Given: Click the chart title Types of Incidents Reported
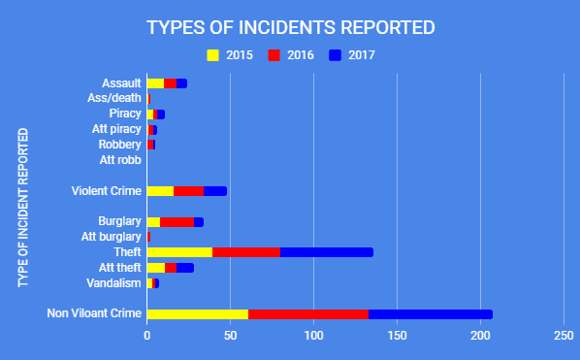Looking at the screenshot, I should click(x=290, y=27).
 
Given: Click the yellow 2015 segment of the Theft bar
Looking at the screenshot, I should click(x=179, y=252).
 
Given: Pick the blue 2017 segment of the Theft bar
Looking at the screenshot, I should click(x=327, y=252).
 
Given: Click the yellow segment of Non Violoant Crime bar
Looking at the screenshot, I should click(x=197, y=313).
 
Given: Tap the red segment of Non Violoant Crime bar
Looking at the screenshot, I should click(x=308, y=313).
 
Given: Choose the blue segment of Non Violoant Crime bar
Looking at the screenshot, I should click(x=430, y=313).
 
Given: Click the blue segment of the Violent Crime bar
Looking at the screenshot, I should click(x=214, y=190).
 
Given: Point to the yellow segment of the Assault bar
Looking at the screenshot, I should click(x=155, y=83).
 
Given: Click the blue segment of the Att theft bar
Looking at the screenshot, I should click(x=184, y=268).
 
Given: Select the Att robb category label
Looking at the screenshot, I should click(x=121, y=160).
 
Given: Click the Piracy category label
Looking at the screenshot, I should click(x=125, y=114).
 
